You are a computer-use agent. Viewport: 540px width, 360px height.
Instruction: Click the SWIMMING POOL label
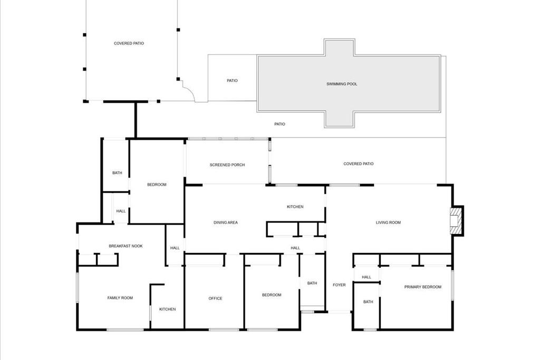pos(342,84)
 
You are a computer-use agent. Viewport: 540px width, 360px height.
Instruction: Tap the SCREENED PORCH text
pos(227,165)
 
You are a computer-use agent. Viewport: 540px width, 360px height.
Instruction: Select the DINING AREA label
pos(225,222)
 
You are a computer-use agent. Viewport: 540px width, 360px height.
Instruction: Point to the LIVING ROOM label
pos(388,222)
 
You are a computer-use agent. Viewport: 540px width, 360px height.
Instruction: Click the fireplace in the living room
pos(455,220)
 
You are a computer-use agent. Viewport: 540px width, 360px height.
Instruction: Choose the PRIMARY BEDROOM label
pos(422,287)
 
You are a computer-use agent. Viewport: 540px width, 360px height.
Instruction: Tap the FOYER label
pos(339,285)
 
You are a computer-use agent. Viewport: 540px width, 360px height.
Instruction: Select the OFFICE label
pos(215,298)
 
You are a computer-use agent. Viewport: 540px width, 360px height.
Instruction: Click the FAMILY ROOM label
pos(120,298)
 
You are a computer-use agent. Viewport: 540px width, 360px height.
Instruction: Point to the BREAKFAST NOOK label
pos(126,246)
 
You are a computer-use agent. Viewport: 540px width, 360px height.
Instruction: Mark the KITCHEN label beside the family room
pos(168,309)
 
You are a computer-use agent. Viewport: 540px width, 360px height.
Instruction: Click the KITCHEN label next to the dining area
pos(295,207)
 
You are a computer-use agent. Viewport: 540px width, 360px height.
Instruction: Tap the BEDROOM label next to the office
pos(272,295)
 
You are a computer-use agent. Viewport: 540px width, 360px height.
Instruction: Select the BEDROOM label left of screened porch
pos(157,184)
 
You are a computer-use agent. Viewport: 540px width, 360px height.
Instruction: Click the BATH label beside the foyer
pos(312,283)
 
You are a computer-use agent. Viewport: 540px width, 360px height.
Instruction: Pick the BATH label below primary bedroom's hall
pos(368,302)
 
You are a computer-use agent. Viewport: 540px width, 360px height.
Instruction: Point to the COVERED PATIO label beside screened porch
pos(359,164)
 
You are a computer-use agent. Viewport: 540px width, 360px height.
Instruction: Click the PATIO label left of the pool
pos(232,81)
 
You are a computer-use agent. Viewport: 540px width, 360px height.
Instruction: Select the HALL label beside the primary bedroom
pos(367,277)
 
